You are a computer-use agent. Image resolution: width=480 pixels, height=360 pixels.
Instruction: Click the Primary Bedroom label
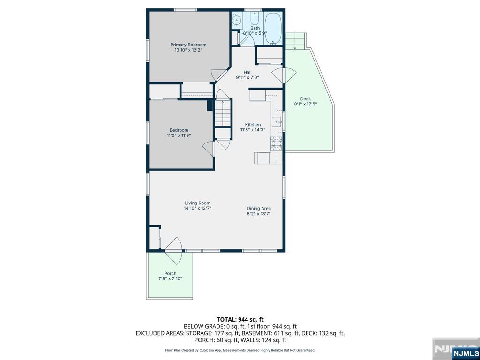[x=188, y=45]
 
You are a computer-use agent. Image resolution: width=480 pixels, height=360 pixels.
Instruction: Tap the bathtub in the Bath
[x=273, y=29]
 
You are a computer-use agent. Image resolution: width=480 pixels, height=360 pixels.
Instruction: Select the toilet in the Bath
[x=255, y=19]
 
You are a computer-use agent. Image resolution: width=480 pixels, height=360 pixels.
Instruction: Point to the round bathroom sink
[x=236, y=21]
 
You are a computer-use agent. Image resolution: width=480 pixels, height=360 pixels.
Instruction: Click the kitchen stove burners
[x=276, y=143]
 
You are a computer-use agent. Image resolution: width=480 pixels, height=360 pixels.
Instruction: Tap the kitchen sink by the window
[x=278, y=121]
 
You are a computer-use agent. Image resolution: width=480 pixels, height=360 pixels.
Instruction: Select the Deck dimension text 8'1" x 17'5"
[x=305, y=104]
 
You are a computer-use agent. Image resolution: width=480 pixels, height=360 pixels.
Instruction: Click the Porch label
[x=170, y=273]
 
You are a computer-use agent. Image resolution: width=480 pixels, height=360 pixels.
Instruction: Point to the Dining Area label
[x=259, y=209]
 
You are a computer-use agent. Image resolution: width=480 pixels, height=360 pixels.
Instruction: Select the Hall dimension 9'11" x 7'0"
[x=247, y=77]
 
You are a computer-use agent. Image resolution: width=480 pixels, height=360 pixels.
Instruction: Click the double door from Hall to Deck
[x=285, y=75]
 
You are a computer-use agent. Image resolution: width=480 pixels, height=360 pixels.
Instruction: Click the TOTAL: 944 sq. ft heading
[x=240, y=320]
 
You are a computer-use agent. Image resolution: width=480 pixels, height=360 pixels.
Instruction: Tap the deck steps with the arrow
[x=295, y=40]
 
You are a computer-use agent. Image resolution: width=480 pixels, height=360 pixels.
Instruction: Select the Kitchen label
[x=253, y=125]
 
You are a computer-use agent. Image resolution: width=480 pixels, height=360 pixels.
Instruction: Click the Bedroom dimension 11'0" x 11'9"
[x=179, y=135]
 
